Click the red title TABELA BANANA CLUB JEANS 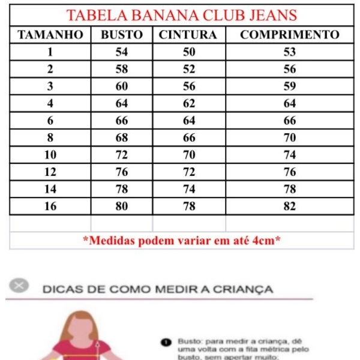pos(182,16)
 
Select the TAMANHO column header pos(50,35)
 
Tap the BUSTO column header pos(122,35)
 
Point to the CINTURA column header pos(188,35)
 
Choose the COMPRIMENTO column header pos(290,35)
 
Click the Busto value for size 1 pos(122,52)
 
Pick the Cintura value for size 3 pos(189,86)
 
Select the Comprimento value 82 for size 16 pos(290,206)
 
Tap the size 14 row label pos(50,189)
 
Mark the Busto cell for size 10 pos(122,155)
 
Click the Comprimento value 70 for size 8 pos(290,138)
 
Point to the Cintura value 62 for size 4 pos(189,103)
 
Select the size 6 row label pos(50,121)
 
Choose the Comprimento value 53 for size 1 pos(290,52)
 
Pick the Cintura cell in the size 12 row pos(189,172)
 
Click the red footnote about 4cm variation pos(182,241)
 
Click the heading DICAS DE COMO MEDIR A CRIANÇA pos(158,289)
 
